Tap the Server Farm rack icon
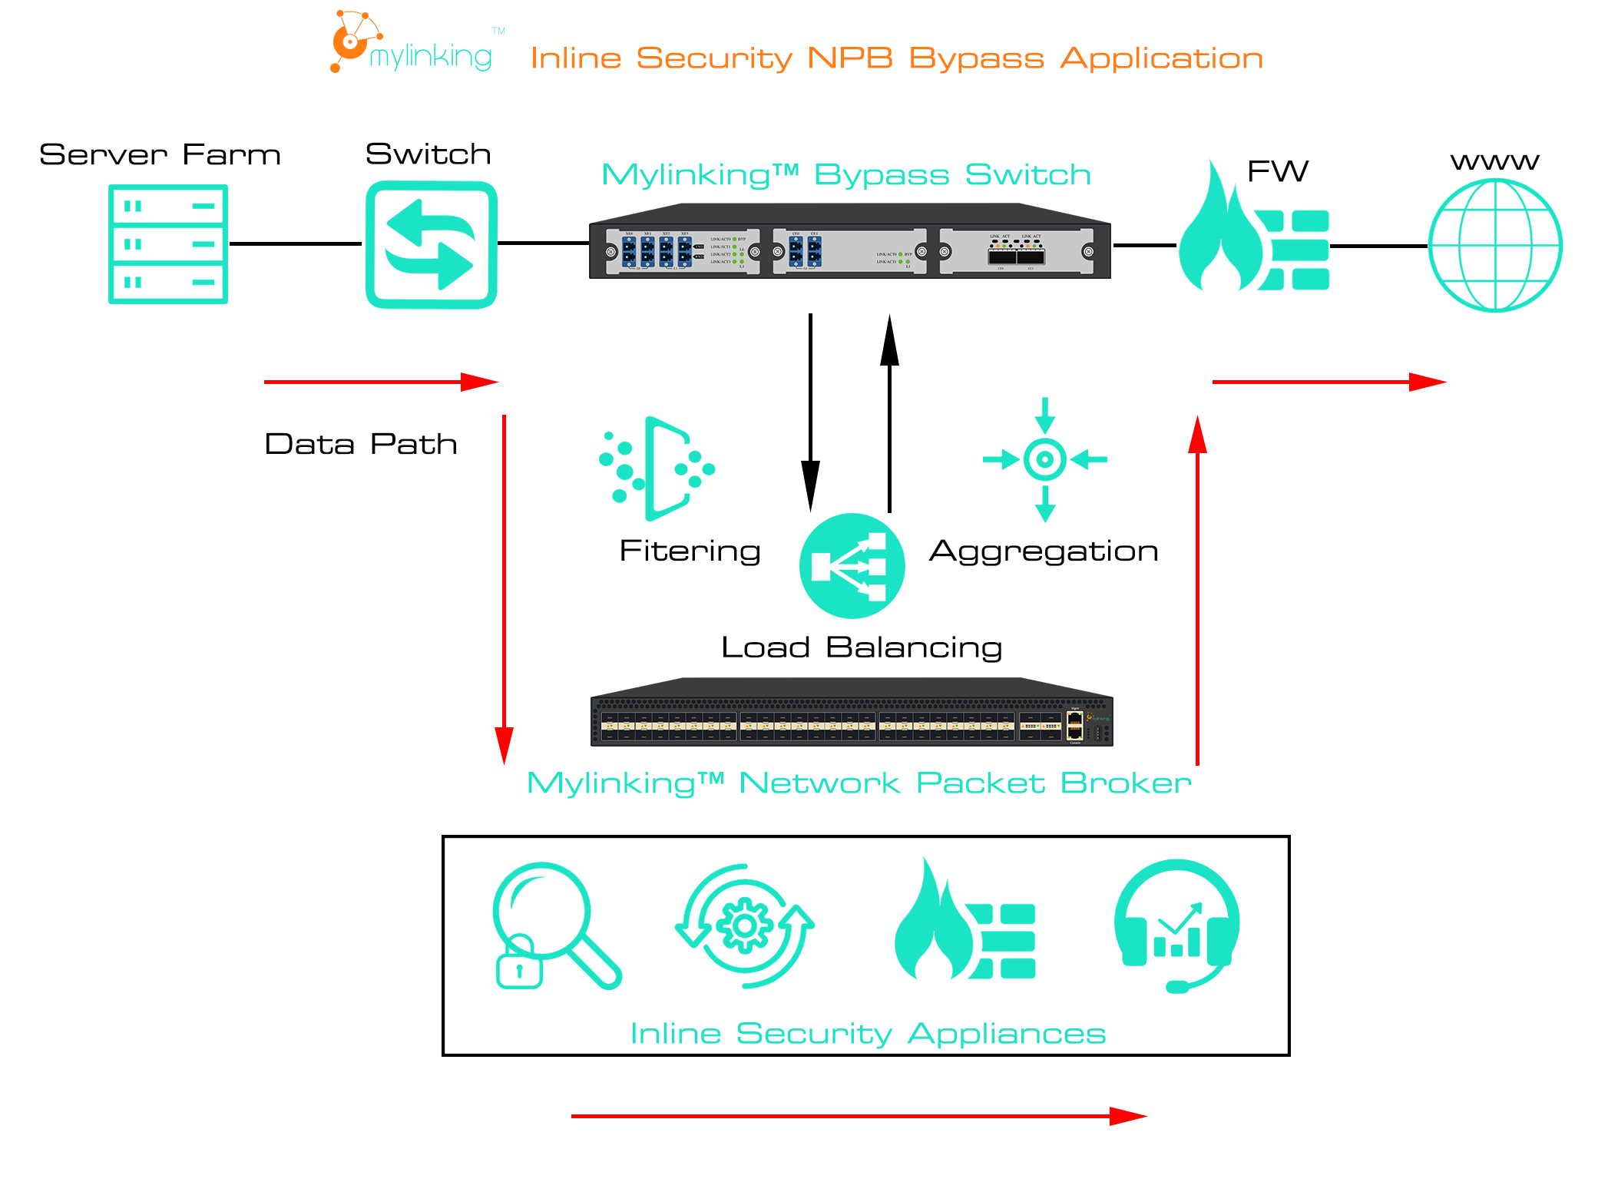168,244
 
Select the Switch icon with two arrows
432,245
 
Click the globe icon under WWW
1494,246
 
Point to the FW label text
1278,171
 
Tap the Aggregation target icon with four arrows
1044,460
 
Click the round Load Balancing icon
852,566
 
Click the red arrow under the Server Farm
381,382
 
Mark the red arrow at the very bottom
859,1116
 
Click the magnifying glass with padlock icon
554,925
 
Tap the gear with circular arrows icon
744,925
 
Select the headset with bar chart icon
1176,925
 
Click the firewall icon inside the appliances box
965,925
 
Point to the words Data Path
361,445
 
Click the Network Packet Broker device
851,714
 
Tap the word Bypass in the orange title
976,58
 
